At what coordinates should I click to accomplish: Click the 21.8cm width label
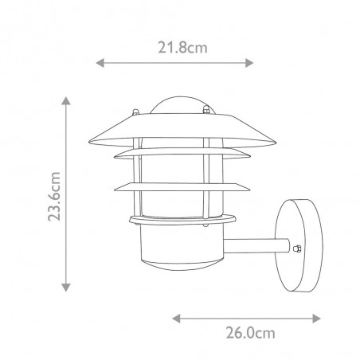[x=174, y=47]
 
